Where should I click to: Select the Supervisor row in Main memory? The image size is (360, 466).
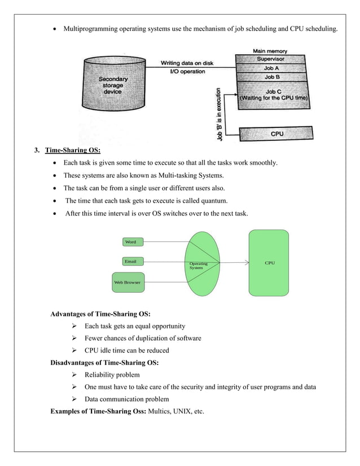270,59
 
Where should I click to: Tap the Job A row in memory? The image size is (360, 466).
271,68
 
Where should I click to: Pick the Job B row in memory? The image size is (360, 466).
271,77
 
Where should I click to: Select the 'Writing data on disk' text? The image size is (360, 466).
187,63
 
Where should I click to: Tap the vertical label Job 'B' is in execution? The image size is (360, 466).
219,116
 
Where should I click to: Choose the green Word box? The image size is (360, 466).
130,242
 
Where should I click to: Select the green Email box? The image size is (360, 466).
130,262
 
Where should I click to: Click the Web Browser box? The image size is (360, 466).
128,282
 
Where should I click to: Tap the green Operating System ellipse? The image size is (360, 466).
202,263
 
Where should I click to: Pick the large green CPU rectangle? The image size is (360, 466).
270,263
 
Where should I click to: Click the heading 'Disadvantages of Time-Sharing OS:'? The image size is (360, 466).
104,363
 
